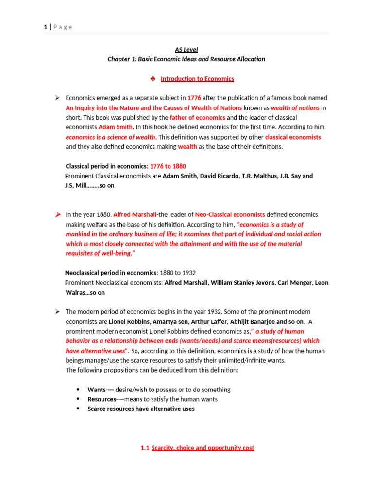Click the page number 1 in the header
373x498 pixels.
click(x=45, y=27)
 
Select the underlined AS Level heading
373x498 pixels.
click(x=186, y=49)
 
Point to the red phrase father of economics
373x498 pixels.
click(x=197, y=117)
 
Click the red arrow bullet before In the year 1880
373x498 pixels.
click(x=57, y=214)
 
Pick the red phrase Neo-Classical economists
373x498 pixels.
click(x=230, y=214)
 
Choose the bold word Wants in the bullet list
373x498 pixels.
click(x=97, y=390)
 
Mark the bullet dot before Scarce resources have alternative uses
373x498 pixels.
click(x=78, y=409)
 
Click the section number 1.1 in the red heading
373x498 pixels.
click(x=144, y=448)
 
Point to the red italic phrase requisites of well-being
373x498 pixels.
click(x=99, y=253)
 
